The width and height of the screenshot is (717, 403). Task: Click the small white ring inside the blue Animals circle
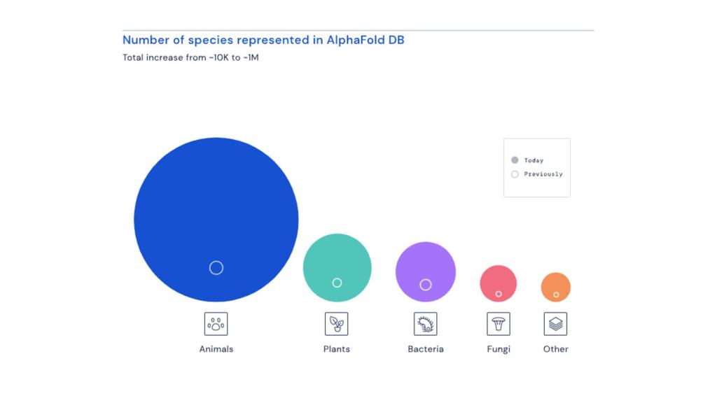(x=216, y=267)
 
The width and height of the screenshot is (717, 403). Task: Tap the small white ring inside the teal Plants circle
(x=337, y=283)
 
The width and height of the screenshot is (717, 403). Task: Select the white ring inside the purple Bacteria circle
(x=426, y=285)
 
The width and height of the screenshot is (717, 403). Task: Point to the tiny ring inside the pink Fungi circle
(x=499, y=294)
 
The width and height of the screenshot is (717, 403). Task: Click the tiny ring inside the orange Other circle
(x=556, y=295)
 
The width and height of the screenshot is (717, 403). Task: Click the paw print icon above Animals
(x=216, y=324)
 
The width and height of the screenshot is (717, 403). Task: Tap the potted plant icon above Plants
(x=337, y=324)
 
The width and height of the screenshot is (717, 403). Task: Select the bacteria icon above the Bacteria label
(x=426, y=324)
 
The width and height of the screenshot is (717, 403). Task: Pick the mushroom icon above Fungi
(x=499, y=324)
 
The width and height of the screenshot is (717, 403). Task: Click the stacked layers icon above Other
(x=556, y=324)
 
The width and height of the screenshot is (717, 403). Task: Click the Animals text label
(x=216, y=349)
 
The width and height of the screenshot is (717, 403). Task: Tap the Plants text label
(x=337, y=349)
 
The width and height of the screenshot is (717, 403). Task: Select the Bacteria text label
(x=426, y=349)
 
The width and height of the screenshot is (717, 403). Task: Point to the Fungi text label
(x=499, y=349)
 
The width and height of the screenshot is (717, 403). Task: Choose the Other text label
(x=556, y=349)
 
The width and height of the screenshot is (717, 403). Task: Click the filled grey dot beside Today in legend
(x=515, y=160)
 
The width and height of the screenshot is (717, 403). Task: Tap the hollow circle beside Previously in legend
(x=515, y=174)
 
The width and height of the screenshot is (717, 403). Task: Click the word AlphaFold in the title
(x=356, y=40)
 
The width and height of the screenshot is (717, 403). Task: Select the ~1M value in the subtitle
(x=250, y=57)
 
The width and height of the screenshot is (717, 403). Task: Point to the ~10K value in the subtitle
(x=218, y=57)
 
